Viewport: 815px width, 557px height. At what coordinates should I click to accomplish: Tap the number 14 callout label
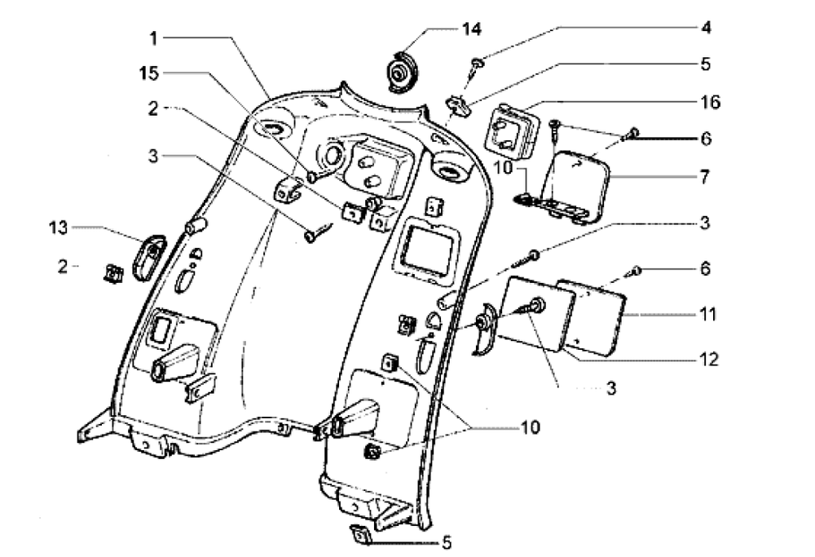[x=469, y=29]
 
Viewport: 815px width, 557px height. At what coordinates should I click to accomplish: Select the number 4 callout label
[x=706, y=28]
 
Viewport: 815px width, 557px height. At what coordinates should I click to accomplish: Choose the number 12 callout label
[x=707, y=359]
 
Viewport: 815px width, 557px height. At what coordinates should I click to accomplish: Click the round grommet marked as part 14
[x=401, y=71]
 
